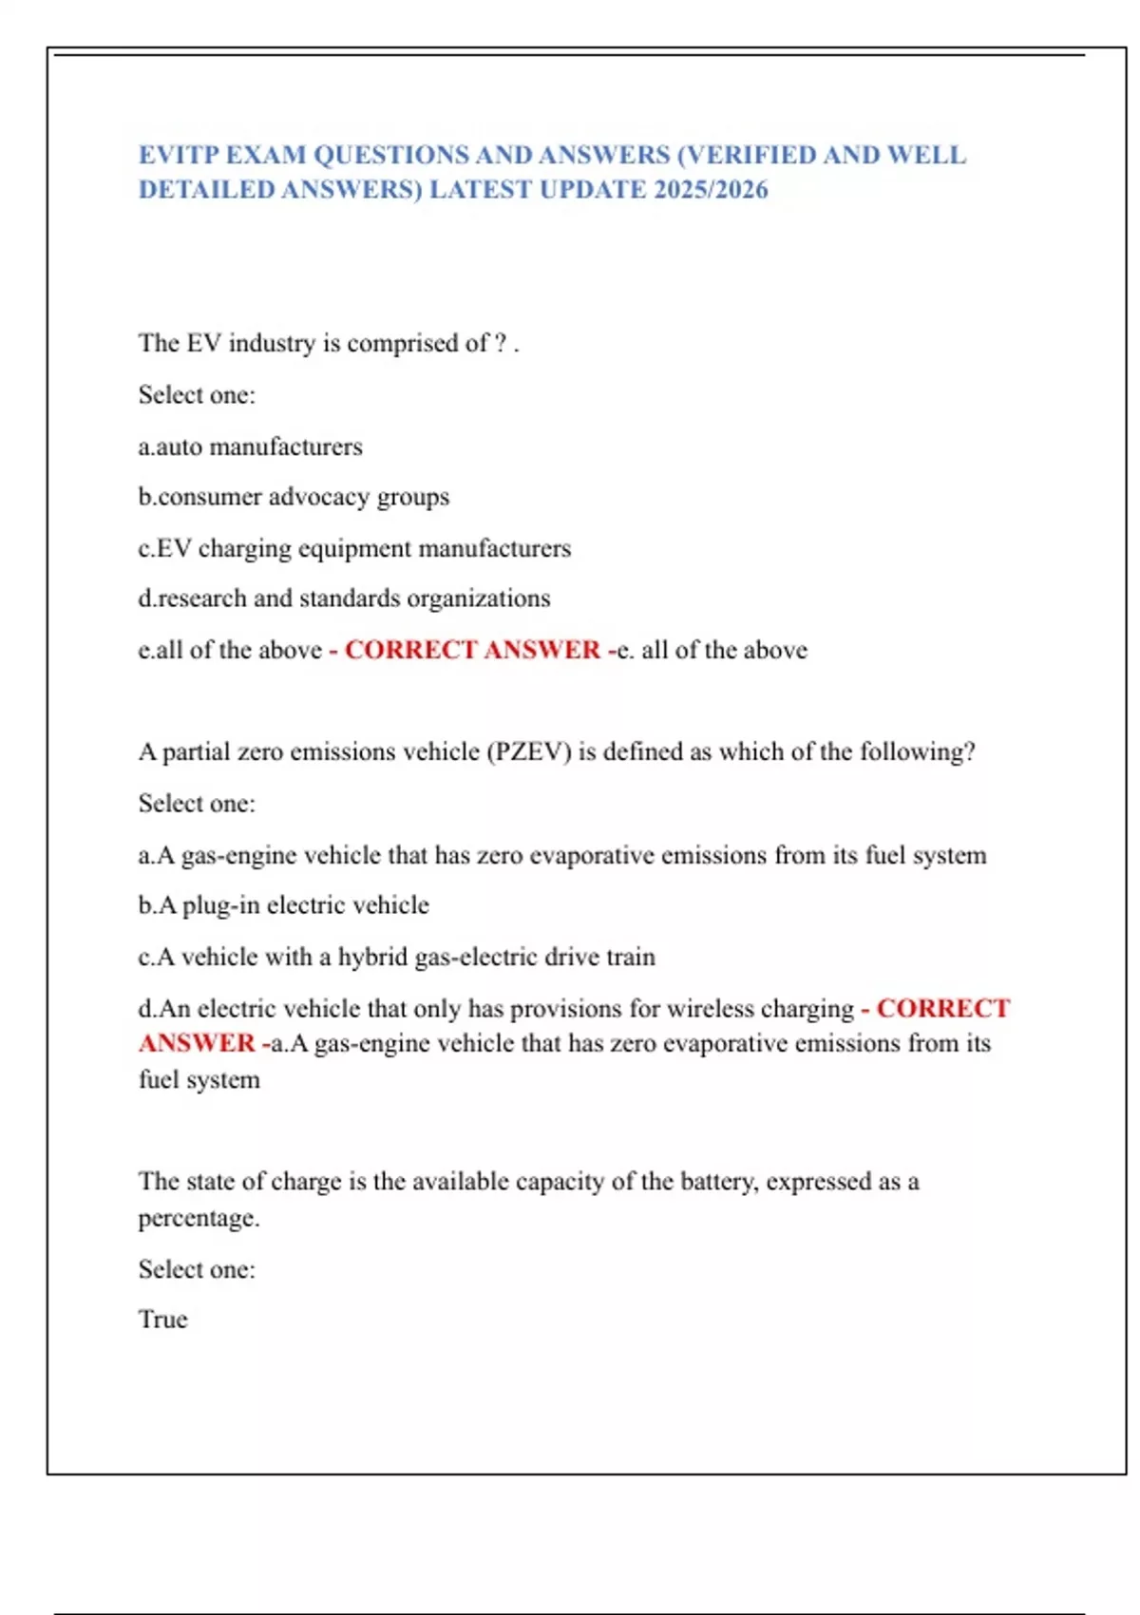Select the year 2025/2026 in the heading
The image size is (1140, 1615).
[711, 190]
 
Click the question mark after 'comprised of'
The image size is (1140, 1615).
[501, 343]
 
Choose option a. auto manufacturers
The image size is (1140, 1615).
[251, 446]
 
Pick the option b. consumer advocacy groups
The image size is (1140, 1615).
[294, 497]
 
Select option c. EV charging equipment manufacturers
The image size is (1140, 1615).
[354, 548]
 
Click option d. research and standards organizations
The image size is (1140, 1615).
[344, 598]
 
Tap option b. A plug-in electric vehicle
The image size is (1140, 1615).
[283, 905]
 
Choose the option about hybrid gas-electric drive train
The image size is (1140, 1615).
[396, 957]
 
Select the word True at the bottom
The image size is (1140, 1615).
[163, 1320]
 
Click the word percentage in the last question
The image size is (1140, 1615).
[199, 1218]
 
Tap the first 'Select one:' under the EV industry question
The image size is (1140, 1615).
[197, 395]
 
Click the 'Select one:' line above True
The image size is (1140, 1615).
[197, 1269]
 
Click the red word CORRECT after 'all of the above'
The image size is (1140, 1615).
[410, 650]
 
